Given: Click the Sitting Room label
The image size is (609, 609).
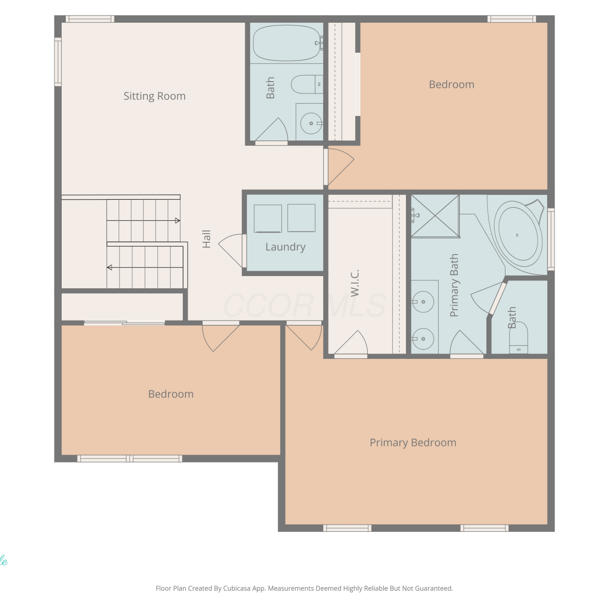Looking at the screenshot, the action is coord(154,96).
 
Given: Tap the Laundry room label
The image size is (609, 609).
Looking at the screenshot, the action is coord(285,247).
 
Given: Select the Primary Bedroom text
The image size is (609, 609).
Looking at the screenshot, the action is coord(413,443).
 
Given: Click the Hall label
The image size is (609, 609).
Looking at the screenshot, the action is coord(206,239).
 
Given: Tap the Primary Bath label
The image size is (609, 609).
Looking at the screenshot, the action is coord(454,285).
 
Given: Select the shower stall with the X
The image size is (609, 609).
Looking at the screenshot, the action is coord(435,216).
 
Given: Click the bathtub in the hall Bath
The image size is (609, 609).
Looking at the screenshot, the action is coord(287,43).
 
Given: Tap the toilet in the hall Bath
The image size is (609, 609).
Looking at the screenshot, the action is coord(307,84).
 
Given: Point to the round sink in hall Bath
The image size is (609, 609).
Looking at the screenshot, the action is coord(311,123).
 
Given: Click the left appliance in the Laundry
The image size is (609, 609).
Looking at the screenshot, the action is coord(268,218).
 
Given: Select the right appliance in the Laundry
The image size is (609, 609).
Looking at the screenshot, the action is coord(301,218).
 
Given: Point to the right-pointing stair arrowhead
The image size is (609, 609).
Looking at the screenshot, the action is coord(177,220).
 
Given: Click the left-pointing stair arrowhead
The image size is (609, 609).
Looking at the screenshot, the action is coord(109,268).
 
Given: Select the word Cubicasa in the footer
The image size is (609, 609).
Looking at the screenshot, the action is coord(237,588).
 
